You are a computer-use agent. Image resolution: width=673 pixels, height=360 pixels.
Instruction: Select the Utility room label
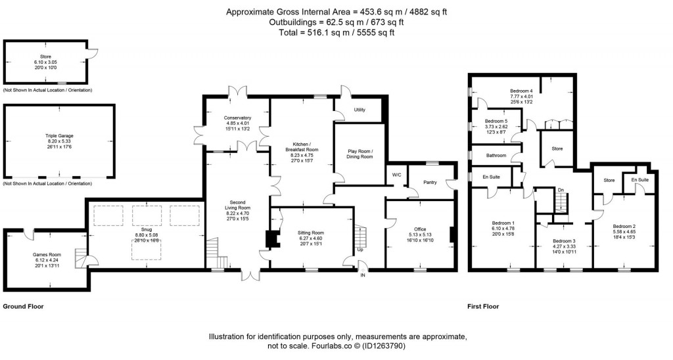[360, 110]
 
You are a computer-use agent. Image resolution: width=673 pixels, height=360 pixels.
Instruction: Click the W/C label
[396, 175]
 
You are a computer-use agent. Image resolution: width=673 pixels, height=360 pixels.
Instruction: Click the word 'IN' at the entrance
[361, 275]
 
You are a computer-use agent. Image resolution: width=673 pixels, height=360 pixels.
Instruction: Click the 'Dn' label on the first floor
[560, 191]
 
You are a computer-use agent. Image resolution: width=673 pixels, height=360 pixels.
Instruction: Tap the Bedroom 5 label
[496, 122]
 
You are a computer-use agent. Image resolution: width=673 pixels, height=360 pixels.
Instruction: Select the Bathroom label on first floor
[496, 156]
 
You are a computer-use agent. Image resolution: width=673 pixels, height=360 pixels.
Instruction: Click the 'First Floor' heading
[483, 307]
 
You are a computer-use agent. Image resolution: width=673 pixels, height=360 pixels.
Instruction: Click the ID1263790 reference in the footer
[436, 346]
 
